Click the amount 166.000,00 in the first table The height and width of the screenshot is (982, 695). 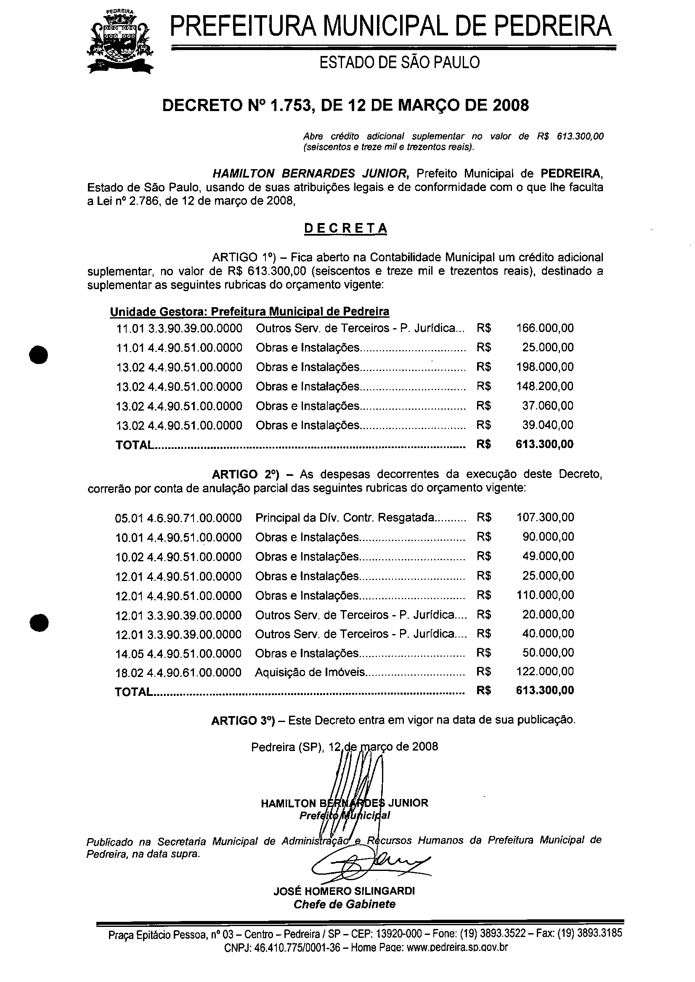tap(545, 328)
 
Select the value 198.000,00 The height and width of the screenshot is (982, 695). tap(545, 367)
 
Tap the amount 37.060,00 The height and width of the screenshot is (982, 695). tap(548, 406)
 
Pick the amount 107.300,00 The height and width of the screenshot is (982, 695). tap(545, 518)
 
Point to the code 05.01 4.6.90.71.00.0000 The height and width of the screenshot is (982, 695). tap(178, 518)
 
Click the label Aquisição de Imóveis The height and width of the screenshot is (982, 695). tap(311, 672)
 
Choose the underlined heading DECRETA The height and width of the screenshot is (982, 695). tap(346, 228)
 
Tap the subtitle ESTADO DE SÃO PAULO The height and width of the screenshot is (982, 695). tap(400, 62)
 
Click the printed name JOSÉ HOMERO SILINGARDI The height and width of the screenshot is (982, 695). tap(344, 891)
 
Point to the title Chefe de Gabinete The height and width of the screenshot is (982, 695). tap(344, 904)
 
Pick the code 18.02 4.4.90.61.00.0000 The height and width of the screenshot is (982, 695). tap(178, 673)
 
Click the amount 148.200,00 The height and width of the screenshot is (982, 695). tap(545, 386)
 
